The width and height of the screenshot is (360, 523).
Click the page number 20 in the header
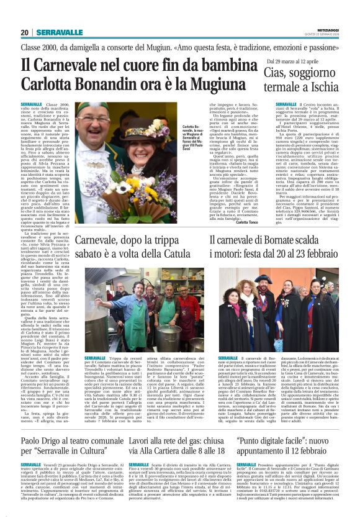tap(25, 32)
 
